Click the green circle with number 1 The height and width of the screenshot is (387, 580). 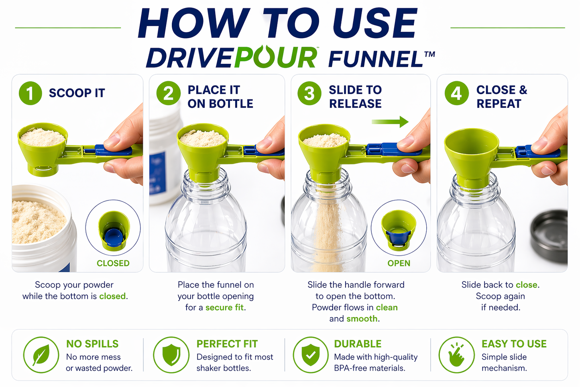click(30, 93)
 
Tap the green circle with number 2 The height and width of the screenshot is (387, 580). click(168, 93)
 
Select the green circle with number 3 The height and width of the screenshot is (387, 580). click(309, 93)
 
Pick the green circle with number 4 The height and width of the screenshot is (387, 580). click(456, 93)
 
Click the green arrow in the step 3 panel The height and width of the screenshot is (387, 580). click(390, 121)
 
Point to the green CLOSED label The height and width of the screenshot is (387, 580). click(113, 263)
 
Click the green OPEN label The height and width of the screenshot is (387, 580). click(399, 263)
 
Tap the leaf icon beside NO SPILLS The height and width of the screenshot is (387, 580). click(41, 355)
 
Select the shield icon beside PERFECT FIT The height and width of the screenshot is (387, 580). click(171, 355)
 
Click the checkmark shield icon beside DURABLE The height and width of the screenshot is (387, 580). click(311, 355)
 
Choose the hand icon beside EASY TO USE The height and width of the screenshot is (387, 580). click(456, 355)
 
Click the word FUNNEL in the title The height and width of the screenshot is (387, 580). click(376, 59)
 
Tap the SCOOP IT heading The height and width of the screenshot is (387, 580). click(77, 93)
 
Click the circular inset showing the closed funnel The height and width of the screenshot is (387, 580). click(113, 228)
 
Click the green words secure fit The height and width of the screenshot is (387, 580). click(225, 307)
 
